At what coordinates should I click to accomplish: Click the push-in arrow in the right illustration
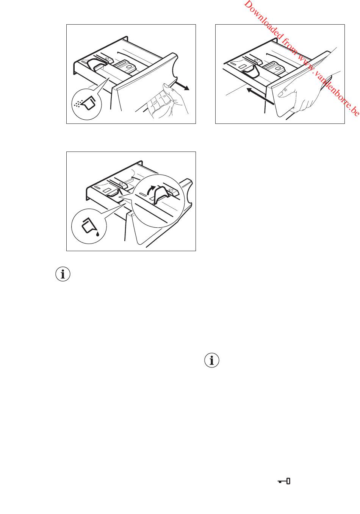(x=260, y=96)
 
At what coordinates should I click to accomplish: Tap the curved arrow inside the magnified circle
(x=150, y=190)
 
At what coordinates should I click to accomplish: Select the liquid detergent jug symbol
(x=89, y=226)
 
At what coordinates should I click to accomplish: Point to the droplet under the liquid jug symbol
(x=98, y=234)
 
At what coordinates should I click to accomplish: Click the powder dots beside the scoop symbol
(x=77, y=104)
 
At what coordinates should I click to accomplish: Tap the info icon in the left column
(x=63, y=274)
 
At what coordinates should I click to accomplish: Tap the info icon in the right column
(x=212, y=360)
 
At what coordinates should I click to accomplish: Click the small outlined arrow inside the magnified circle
(x=171, y=190)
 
